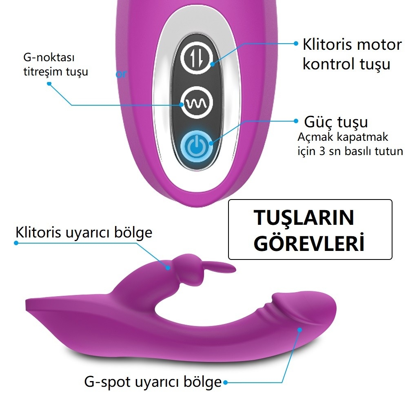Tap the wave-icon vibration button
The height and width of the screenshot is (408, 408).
pos(197,102)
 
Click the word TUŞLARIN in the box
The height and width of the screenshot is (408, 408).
pos(304,217)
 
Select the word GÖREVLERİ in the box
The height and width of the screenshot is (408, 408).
pos(309,242)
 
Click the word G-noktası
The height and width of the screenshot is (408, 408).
pos(49,57)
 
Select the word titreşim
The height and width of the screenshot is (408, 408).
pos(41,71)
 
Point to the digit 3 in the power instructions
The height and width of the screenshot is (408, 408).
pos(322,151)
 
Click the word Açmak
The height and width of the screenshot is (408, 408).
pos(314,137)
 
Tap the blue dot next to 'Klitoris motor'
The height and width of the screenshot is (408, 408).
pos(296,44)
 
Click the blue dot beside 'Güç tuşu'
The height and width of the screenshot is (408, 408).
pos(296,121)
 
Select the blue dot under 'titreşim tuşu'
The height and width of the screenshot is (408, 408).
pos(49,84)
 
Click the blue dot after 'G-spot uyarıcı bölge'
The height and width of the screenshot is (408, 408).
pos(226,383)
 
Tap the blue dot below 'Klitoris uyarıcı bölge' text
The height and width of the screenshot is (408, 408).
pos(16,243)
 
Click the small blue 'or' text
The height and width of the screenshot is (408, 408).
pos(121,74)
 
